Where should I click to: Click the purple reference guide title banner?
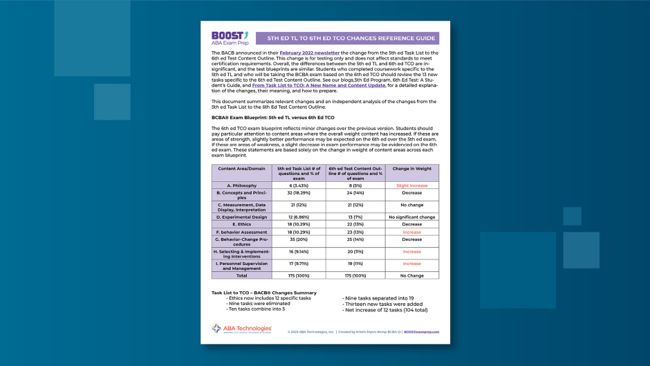pyautogui.click(x=346, y=38)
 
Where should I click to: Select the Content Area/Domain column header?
pyautogui.click(x=237, y=169)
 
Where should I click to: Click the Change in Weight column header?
pyautogui.click(x=411, y=169)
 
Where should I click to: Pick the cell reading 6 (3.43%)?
pyautogui.click(x=298, y=185)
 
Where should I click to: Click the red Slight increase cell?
pyautogui.click(x=411, y=185)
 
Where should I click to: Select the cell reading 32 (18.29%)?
pyautogui.click(x=298, y=193)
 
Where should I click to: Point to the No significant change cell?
pyautogui.click(x=411, y=217)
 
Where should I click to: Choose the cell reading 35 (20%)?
pyautogui.click(x=298, y=239)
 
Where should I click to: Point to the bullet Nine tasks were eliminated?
pyautogui.click(x=261, y=303)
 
